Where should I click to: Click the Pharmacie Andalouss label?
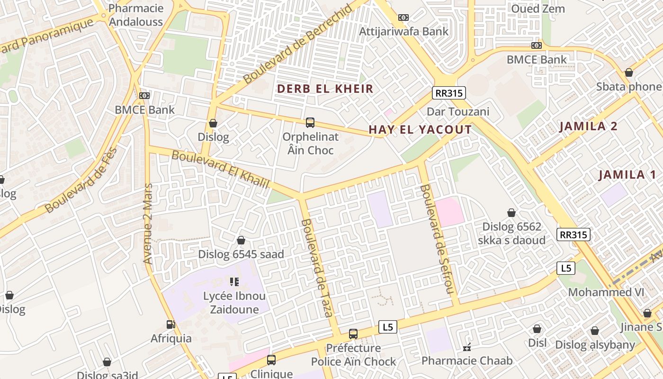point(136,15)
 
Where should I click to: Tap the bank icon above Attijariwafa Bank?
point(403,18)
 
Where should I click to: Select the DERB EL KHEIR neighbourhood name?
point(325,89)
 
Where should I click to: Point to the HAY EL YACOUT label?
point(420,129)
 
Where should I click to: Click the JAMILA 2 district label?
point(588,126)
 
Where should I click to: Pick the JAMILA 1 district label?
point(627,174)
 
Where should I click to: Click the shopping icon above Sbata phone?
point(629,72)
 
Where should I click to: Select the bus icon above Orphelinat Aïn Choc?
point(310,123)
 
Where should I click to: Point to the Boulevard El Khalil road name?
point(220,169)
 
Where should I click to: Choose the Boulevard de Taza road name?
point(317,268)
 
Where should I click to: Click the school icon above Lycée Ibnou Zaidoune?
point(234,282)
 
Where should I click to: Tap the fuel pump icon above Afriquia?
point(171,325)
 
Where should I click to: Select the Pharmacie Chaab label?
point(467,361)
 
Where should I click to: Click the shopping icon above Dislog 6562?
point(511,213)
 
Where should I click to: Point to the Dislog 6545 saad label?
point(241,254)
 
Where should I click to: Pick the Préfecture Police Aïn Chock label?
point(353,355)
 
